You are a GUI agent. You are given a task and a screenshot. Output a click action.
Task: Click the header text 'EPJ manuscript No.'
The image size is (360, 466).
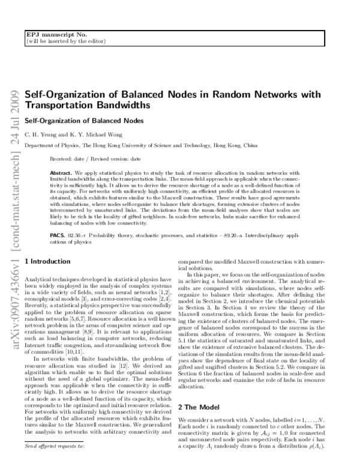50,35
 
